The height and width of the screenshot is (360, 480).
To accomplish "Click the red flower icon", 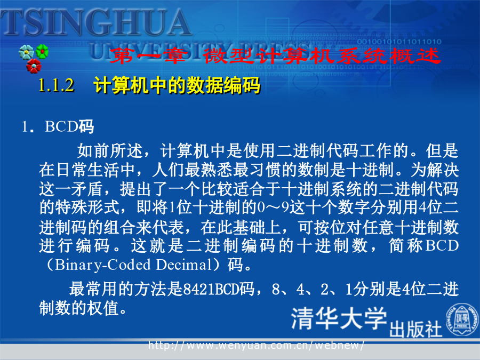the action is pyautogui.click(x=34, y=66).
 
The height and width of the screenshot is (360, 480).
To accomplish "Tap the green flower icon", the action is pyautogui.click(x=42, y=51).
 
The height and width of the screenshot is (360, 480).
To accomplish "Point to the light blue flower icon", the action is pyautogui.click(x=26, y=52).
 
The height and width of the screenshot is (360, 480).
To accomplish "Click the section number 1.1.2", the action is pyautogui.click(x=57, y=85).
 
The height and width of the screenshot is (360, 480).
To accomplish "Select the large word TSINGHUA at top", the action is pyautogui.click(x=95, y=22).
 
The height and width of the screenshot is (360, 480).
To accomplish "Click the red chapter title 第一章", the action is pyautogui.click(x=148, y=56).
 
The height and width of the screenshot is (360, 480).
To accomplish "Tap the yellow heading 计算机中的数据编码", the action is pyautogui.click(x=177, y=85).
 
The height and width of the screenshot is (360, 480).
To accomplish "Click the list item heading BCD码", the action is pyautogui.click(x=69, y=126).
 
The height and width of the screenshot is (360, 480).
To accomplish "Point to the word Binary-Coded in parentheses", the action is pyautogui.click(x=103, y=265).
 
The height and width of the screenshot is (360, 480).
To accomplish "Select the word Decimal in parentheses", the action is pyautogui.click(x=183, y=265).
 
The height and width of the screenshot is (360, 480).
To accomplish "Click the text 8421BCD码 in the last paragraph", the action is pyautogui.click(x=219, y=289).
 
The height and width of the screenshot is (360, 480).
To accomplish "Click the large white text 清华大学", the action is pyautogui.click(x=339, y=319).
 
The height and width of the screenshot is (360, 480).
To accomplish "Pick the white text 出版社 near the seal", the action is pyautogui.click(x=415, y=329).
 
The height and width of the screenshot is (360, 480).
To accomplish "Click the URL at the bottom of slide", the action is pyautogui.click(x=256, y=346).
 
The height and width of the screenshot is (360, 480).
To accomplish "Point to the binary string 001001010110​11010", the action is pyautogui.click(x=399, y=41).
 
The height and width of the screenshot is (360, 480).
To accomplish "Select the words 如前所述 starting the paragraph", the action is pyautogui.click(x=110, y=150).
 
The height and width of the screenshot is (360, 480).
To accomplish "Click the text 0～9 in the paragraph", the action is pyautogui.click(x=273, y=207).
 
